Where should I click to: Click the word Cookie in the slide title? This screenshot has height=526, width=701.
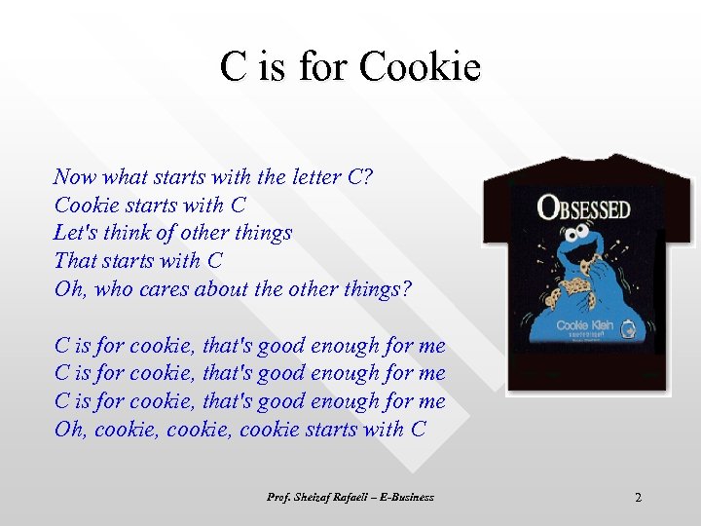pos(420,67)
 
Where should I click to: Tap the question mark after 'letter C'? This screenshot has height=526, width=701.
pos(367,177)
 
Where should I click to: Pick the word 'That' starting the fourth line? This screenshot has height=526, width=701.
pos(74,261)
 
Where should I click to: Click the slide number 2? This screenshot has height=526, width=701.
pos(638,498)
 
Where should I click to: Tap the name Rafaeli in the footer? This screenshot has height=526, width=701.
pos(346,497)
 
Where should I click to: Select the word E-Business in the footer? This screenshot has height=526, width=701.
pos(406,497)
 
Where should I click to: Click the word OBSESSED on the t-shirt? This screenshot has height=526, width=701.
pos(584,207)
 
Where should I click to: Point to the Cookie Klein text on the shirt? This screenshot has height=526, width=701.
pos(584,324)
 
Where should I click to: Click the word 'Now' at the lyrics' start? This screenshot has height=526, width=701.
pos(74,177)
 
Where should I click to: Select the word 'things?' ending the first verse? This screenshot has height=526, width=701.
pos(378,289)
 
